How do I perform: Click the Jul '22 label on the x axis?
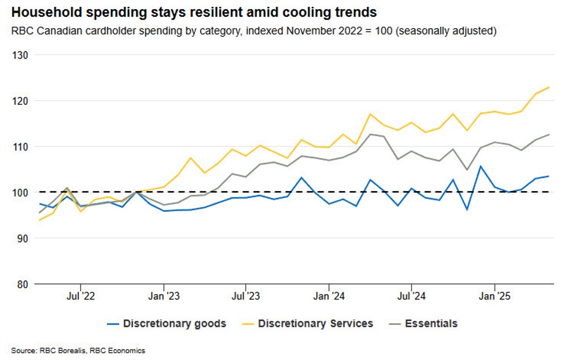point(80,296)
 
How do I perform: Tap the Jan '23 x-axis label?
point(164,296)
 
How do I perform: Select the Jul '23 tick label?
point(246,296)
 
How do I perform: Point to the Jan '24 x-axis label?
point(329,296)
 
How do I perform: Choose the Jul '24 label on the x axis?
point(411,296)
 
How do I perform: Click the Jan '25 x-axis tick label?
point(494,296)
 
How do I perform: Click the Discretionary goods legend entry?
point(174,324)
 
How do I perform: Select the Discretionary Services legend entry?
point(315,324)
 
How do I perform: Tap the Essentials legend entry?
point(431,324)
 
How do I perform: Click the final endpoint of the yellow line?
point(548,87)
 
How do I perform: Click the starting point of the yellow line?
point(39,220)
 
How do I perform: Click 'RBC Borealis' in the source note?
point(61,350)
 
